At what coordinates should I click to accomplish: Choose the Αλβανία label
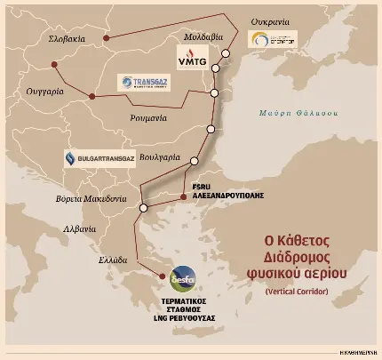click(56, 228)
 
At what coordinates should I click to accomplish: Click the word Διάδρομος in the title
click(307, 256)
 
